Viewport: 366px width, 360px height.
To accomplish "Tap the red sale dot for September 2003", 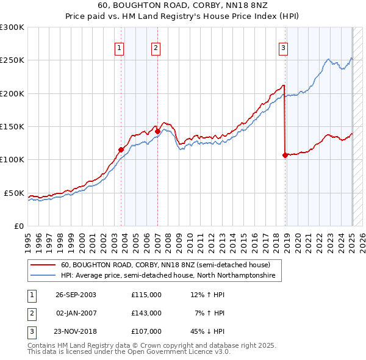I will (121, 149).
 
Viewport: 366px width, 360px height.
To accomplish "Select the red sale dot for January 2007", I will (157, 131).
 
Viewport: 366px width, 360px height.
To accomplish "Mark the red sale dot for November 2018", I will (285, 155).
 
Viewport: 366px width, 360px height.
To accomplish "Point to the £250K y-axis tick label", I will (12, 60).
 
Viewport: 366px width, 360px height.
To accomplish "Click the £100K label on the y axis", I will (12, 160).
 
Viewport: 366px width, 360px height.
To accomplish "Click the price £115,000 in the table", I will (146, 295).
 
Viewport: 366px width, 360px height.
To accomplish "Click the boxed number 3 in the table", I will (31, 331).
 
